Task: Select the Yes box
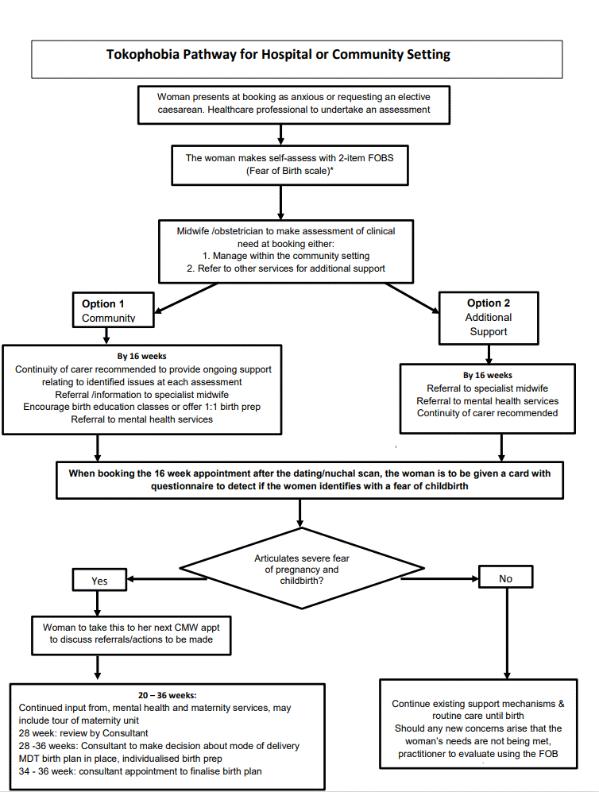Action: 99,580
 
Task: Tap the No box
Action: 505,577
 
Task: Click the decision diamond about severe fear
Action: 302,569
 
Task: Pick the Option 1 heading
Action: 103,303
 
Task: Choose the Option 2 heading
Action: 489,303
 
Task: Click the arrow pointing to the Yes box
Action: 166,579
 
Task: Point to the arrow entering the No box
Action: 439,578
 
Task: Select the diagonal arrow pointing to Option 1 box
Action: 185,298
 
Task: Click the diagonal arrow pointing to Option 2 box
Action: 412,298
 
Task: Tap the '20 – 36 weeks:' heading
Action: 167,696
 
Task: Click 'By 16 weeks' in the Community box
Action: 142,356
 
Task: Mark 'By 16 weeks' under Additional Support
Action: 487,375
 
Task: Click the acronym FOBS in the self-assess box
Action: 381,158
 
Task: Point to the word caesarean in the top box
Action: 180,110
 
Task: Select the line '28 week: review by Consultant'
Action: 83,733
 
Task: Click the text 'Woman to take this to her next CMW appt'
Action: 131,628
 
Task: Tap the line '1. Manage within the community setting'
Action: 286,256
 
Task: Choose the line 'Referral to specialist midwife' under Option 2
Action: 487,388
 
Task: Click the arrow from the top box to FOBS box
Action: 280,134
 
